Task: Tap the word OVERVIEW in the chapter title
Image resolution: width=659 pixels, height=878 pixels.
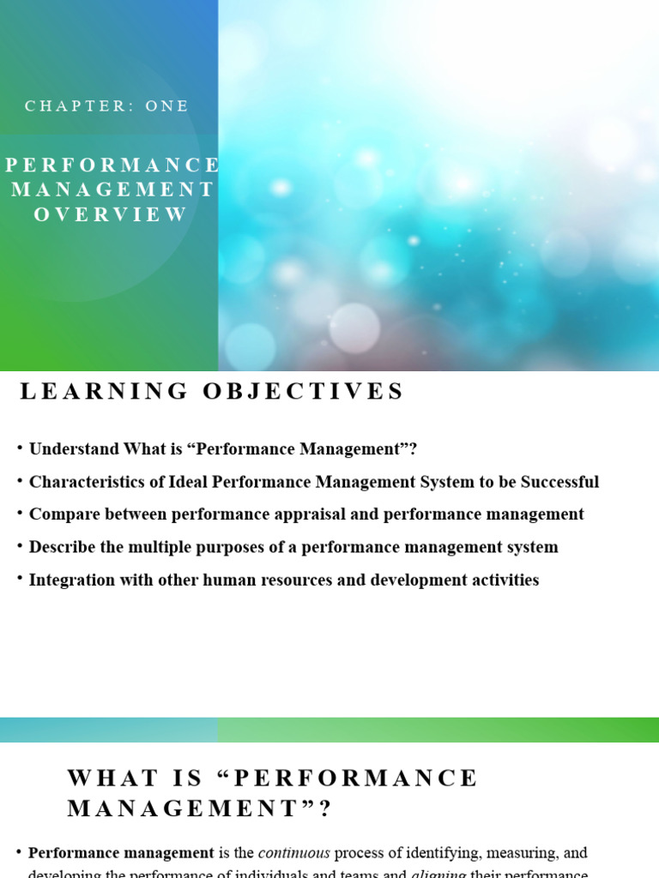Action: pyautogui.click(x=111, y=214)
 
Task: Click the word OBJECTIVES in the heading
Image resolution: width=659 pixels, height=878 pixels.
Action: pyautogui.click(x=303, y=392)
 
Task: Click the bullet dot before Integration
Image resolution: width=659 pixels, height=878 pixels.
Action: pyautogui.click(x=19, y=579)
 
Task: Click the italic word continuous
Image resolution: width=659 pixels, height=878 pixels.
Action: pyautogui.click(x=294, y=853)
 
